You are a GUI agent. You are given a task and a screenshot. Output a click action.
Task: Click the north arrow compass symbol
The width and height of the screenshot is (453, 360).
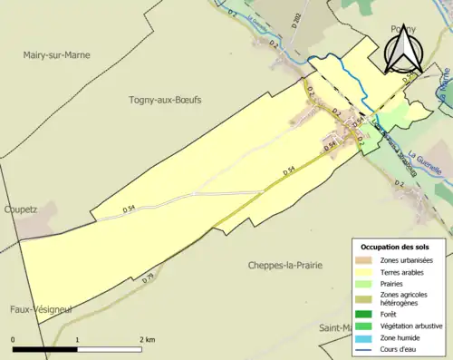point(401,48)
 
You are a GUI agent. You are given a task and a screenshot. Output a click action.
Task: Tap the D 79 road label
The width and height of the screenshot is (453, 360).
point(149,277)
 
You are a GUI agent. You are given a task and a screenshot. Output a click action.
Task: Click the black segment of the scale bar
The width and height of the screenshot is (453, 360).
point(45,349)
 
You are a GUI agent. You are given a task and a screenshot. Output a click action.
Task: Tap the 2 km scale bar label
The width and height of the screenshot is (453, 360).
point(147,340)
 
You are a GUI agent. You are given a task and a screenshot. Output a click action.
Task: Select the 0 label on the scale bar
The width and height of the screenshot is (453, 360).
point(14,340)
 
